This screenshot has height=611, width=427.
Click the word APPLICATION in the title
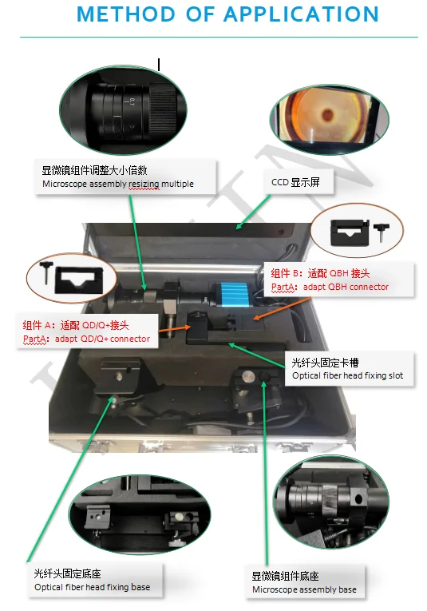point(300,14)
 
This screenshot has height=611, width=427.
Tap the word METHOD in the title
point(126,14)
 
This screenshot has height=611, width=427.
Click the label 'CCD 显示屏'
point(295,182)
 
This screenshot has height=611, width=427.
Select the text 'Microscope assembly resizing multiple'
point(118,184)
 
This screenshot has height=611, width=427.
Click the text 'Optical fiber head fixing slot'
point(348,375)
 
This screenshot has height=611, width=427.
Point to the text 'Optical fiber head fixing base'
point(93,587)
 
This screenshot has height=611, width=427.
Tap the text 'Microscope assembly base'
point(304,589)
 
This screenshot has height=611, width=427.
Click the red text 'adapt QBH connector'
point(346,287)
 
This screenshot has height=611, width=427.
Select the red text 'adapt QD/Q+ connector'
point(102,339)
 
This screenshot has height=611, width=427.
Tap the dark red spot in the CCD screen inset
point(328,115)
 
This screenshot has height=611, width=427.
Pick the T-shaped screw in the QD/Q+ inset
point(46,272)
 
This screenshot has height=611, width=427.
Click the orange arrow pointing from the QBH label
point(282,309)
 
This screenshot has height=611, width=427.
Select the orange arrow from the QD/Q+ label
point(175,329)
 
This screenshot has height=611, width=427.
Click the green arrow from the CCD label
point(253,212)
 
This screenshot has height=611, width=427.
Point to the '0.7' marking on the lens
point(132,102)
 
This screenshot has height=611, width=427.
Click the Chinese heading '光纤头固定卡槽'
point(325,363)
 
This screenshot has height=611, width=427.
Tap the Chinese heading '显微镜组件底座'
point(285,576)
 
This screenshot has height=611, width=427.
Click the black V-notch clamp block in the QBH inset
point(349,232)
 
